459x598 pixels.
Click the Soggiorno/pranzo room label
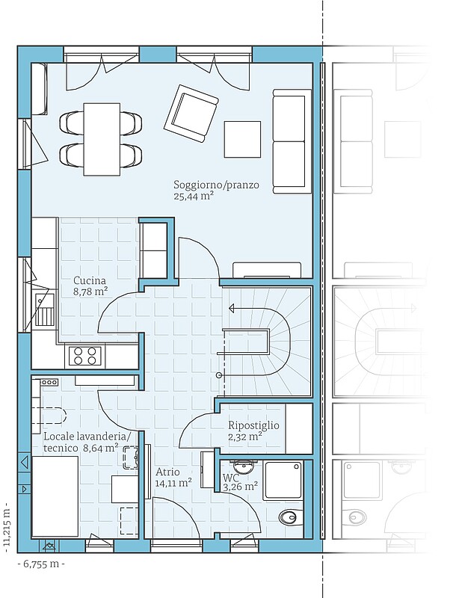click(216, 185)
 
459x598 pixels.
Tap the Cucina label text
click(89, 281)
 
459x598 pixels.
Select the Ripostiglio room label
click(253, 425)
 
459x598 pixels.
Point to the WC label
click(231, 478)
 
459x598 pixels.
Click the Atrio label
click(167, 472)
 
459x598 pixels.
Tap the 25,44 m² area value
click(194, 197)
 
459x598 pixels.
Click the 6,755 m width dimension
click(41, 564)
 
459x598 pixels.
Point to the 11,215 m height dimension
click(6, 529)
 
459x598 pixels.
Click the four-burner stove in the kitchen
click(85, 356)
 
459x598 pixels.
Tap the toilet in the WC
click(289, 517)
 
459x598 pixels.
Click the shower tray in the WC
click(283, 479)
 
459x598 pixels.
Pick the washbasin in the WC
click(242, 466)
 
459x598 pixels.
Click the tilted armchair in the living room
click(191, 113)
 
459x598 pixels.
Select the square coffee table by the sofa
click(243, 139)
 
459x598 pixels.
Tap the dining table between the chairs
click(102, 140)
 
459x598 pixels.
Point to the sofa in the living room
click(292, 141)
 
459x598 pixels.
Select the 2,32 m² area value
click(245, 437)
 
